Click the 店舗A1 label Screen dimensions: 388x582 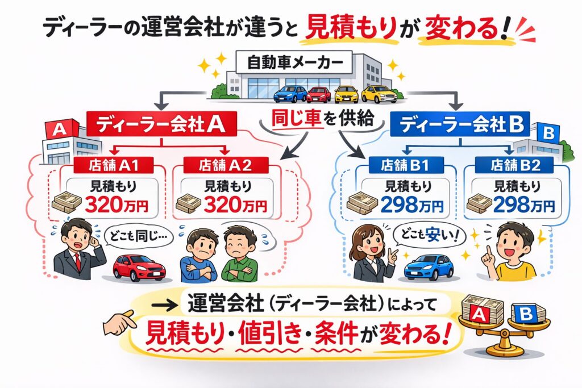[112, 165]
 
